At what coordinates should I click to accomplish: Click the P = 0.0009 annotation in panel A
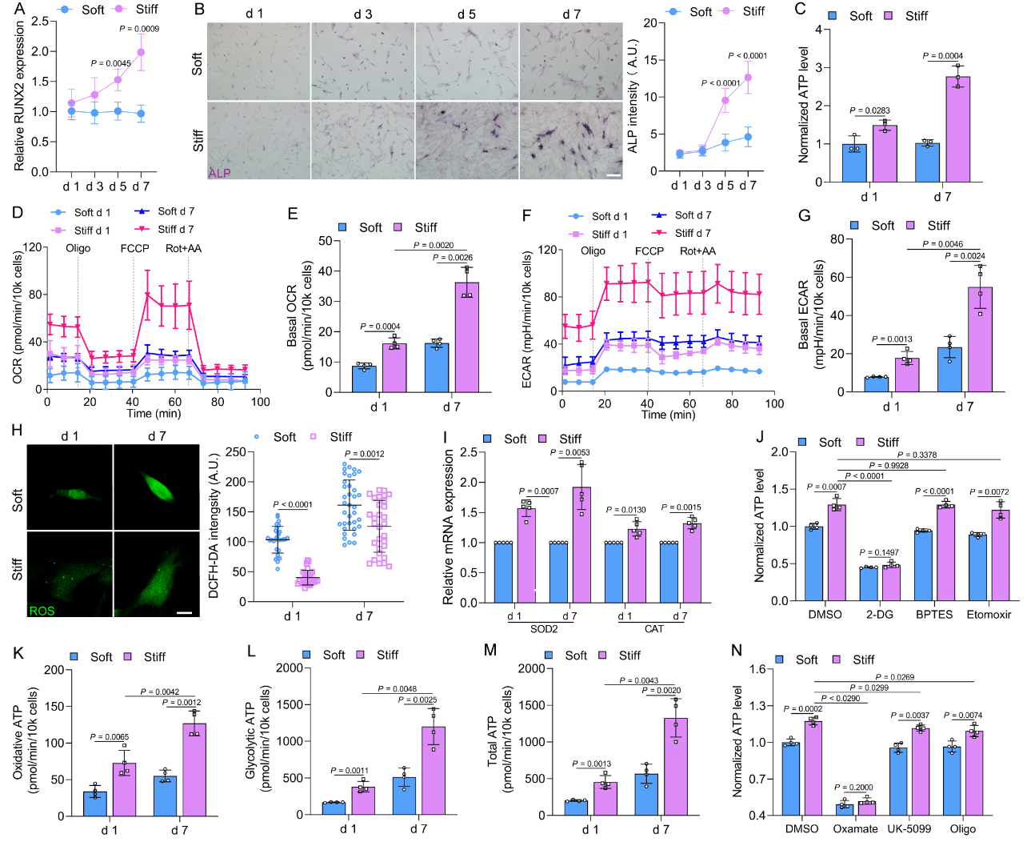tap(139, 29)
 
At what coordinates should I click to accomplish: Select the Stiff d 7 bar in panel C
tap(957, 129)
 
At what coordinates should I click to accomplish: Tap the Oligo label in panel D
tap(78, 248)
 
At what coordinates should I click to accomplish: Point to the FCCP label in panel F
tap(649, 251)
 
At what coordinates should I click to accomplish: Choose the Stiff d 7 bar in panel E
tap(467, 337)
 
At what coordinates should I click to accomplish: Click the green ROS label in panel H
tap(42, 611)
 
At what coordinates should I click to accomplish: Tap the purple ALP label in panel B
tap(219, 173)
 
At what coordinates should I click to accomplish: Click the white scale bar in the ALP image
tap(613, 174)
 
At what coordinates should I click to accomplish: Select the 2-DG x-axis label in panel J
tap(880, 615)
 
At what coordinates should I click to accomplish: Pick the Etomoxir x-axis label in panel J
tap(989, 615)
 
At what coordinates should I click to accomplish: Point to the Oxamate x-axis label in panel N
tap(855, 828)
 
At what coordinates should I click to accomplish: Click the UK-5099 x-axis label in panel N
tap(909, 828)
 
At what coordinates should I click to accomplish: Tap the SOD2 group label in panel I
tap(544, 629)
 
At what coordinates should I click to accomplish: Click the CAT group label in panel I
tap(654, 629)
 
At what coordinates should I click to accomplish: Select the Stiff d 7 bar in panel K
tap(194, 769)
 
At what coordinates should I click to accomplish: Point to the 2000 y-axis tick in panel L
tap(290, 668)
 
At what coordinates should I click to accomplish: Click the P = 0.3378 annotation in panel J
tap(917, 455)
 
